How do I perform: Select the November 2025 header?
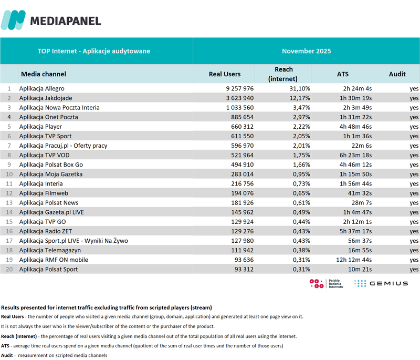[306, 51]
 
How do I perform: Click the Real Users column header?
[225, 74]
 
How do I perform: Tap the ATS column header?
[342, 74]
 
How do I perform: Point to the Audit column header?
[397, 74]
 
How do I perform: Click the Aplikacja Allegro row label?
[41, 89]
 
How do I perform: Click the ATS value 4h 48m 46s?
[355, 127]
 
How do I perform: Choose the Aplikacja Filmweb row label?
[41, 193]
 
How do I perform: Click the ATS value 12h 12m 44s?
[354, 260]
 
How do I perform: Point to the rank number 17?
[8, 241]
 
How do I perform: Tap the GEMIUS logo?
[381, 283]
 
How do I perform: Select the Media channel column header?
[44, 74]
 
